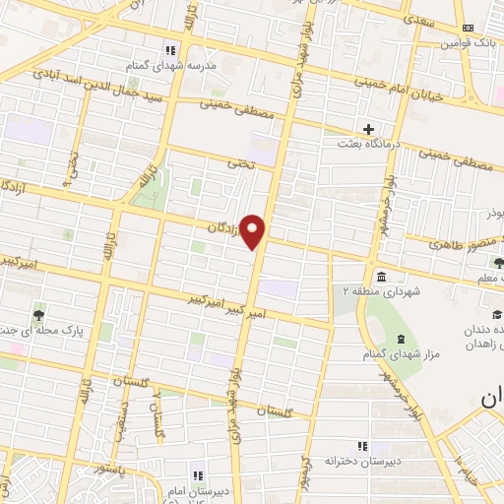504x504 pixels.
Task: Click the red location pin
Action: pos(254,230)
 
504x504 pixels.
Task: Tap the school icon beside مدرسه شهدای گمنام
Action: pos(170,50)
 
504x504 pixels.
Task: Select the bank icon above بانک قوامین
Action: pos(467,28)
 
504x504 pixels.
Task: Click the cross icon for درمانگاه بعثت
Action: pos(368,129)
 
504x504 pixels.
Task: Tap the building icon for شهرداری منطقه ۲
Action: pos(381,275)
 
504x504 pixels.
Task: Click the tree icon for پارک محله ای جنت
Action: pos(38,315)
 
